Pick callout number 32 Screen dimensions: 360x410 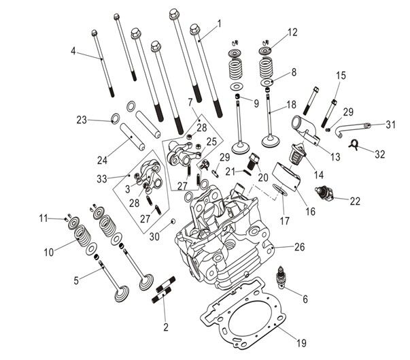(380, 154)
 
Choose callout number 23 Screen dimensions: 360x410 (82, 120)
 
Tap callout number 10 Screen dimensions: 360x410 (48, 252)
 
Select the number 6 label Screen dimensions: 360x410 (305, 299)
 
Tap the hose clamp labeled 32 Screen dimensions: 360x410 (354, 144)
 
